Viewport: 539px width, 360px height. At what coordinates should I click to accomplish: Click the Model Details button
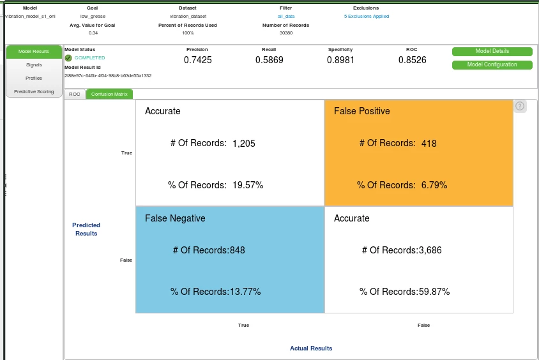(x=492, y=51)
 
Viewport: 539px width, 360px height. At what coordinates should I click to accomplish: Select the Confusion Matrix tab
(x=109, y=94)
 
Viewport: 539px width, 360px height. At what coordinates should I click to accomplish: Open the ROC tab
(x=75, y=94)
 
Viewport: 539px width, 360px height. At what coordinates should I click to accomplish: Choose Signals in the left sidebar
(x=34, y=64)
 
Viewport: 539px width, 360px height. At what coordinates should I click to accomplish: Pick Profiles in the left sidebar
(x=34, y=78)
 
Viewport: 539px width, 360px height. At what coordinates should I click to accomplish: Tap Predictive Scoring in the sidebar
(x=34, y=91)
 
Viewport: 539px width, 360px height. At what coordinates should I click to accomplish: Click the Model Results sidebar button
(x=34, y=51)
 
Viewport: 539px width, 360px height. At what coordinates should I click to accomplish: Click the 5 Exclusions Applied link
(x=366, y=16)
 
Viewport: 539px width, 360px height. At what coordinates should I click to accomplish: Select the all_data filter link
(x=285, y=16)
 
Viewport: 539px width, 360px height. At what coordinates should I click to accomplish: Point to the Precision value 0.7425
(x=197, y=60)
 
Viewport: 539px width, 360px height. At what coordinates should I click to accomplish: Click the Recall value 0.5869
(x=269, y=60)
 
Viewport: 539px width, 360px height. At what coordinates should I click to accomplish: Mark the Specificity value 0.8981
(x=340, y=60)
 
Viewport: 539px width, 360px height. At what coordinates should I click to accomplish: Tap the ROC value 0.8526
(x=412, y=60)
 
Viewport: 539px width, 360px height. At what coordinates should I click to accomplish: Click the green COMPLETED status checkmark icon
(x=68, y=58)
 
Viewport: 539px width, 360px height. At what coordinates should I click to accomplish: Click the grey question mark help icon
(x=520, y=107)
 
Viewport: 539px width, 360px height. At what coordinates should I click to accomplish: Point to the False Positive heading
(x=362, y=111)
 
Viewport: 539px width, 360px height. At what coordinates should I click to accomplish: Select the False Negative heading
(x=175, y=218)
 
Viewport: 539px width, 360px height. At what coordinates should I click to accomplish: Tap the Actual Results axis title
(x=311, y=349)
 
